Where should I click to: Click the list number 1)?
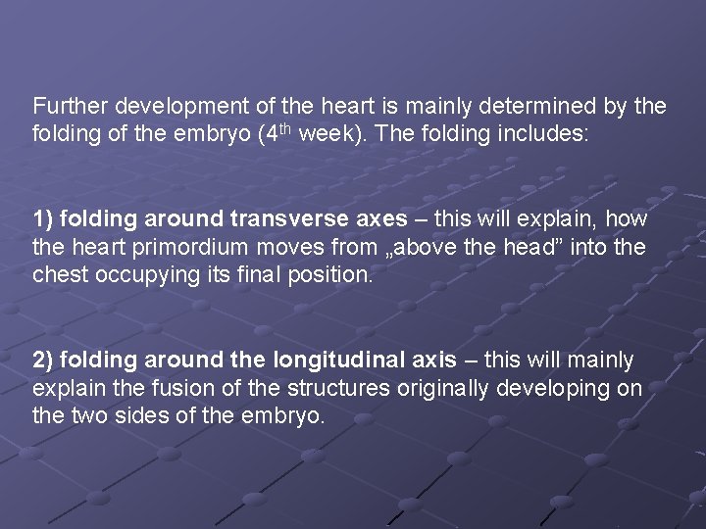click(43, 217)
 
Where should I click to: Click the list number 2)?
click(43, 361)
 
